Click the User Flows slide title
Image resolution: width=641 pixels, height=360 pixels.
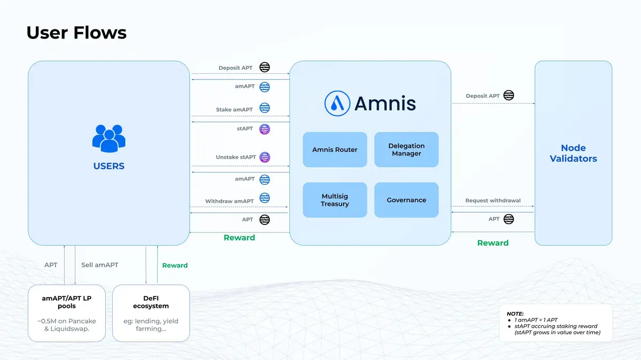coord(76,33)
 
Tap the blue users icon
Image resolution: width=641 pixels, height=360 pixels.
coord(108,138)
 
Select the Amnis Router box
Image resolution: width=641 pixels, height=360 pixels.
coord(335,150)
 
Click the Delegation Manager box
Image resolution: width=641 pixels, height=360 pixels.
coord(407,150)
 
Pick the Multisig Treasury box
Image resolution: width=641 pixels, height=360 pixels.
coord(335,200)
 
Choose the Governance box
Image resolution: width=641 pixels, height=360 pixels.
coord(407,200)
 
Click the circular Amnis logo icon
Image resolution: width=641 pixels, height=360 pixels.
coord(337,103)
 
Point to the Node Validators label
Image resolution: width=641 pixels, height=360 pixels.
coord(573,153)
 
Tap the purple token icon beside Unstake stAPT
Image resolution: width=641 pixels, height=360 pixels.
coord(264,158)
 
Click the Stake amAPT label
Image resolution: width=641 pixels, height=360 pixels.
coord(234,109)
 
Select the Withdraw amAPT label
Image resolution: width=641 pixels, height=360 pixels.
coord(230,201)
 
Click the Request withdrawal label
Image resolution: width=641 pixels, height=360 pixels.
coord(493,201)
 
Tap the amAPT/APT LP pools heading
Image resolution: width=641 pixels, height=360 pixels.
coord(67,302)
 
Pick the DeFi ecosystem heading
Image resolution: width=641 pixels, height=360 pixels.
coord(151,302)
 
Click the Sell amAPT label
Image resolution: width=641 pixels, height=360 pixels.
coord(100,265)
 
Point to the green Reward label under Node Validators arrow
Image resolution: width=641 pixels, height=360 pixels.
coord(493,243)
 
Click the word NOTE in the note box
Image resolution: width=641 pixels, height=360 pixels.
coord(515,314)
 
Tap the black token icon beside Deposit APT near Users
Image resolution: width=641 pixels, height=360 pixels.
coord(264,67)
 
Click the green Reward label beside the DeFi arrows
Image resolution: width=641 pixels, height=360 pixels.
coord(175,265)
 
